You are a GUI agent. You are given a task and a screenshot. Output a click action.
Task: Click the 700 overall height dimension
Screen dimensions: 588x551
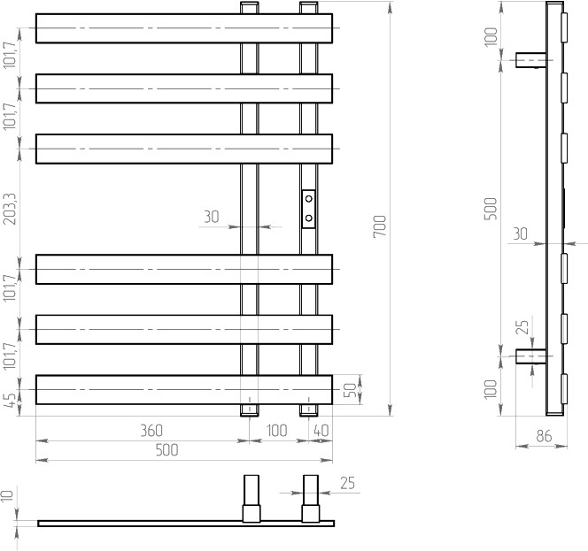tap(380, 226)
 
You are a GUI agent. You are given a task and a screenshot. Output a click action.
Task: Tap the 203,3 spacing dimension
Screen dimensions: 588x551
tap(10, 209)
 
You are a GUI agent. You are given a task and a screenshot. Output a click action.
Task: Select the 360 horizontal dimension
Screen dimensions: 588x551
tap(151, 431)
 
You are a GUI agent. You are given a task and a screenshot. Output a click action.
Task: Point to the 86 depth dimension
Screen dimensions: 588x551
tap(544, 436)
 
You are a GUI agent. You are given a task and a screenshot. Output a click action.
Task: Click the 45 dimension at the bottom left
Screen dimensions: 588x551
tap(11, 400)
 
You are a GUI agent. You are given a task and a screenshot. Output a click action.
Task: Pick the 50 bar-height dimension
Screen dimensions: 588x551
tap(351, 390)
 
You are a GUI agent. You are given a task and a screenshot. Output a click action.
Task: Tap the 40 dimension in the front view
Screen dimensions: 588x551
tap(321, 431)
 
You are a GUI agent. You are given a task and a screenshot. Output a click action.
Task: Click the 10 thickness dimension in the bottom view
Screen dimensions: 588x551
tap(7, 495)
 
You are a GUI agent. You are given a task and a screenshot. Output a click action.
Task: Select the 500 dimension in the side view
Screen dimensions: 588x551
tap(491, 209)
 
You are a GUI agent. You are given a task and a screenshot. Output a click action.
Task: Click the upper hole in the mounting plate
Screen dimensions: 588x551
tap(309, 198)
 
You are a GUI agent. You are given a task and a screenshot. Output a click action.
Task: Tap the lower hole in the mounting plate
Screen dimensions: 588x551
tap(309, 218)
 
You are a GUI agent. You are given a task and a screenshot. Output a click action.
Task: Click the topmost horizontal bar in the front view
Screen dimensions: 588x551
tap(184, 28)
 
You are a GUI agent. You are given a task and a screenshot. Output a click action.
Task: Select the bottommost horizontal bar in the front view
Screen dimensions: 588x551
tap(184, 389)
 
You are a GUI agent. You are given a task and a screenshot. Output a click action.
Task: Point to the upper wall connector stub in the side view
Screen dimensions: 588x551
tap(530, 60)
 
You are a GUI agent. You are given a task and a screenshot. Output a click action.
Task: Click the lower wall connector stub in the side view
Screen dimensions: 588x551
tap(530, 356)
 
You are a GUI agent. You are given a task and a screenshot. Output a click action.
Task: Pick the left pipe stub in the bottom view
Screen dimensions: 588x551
tap(251, 499)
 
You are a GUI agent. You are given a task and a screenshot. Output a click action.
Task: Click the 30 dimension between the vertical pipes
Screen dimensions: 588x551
tap(212, 217)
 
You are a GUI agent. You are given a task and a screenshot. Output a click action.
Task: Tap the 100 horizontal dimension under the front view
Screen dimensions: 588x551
tap(277, 431)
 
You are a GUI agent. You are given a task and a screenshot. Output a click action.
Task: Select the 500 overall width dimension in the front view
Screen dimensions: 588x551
tap(166, 450)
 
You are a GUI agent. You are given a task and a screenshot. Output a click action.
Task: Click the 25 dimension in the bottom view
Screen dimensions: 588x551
tap(347, 483)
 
